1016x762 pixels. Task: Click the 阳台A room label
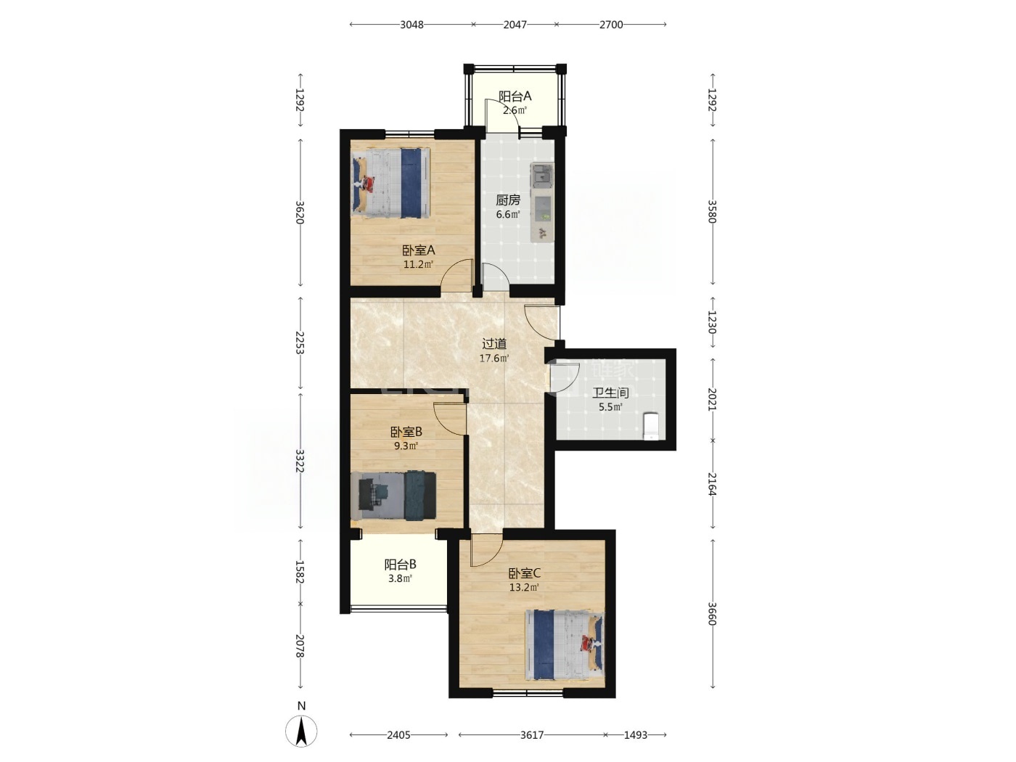[x=515, y=97]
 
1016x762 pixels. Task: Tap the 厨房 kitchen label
[x=508, y=200]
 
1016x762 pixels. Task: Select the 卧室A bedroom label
[x=418, y=250]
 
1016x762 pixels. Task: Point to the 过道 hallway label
[x=494, y=344]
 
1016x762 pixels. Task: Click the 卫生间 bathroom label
[x=610, y=393]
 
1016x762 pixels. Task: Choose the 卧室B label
[x=406, y=432]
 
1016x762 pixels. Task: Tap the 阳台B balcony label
[x=400, y=565]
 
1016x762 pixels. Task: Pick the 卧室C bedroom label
[x=525, y=574]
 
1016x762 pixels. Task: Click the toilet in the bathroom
[x=651, y=426]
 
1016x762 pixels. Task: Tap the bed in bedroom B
[x=393, y=495]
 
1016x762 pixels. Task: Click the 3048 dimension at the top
[x=411, y=25]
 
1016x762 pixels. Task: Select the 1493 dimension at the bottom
[x=635, y=734]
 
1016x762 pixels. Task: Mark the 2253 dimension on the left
[x=300, y=343]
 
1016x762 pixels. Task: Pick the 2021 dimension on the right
[x=713, y=399]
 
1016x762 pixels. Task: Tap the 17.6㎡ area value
[x=494, y=358]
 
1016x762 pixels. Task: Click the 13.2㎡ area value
[x=525, y=588]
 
